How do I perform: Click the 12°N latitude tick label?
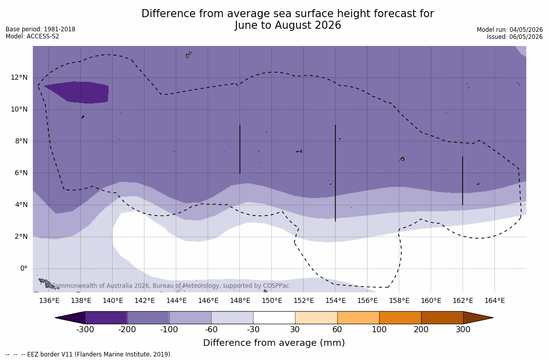click(x=19, y=78)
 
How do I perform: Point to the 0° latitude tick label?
click(x=24, y=269)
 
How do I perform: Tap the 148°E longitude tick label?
click(x=240, y=300)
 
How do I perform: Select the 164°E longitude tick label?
click(x=494, y=300)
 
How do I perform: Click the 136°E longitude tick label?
click(x=49, y=300)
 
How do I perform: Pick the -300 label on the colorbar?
click(x=85, y=330)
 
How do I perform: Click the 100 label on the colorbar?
click(x=379, y=330)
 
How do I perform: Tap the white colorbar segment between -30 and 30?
click(x=274, y=318)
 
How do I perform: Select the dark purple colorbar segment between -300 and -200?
click(x=106, y=318)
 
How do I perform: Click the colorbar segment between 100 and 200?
click(x=400, y=318)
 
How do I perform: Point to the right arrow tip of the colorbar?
click(x=493, y=318)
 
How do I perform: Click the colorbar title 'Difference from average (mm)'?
click(x=274, y=343)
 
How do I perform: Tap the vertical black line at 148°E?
click(x=240, y=149)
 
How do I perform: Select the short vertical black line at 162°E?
click(x=462, y=181)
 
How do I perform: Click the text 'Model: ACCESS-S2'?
click(x=32, y=36)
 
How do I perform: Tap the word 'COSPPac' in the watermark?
click(x=275, y=286)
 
